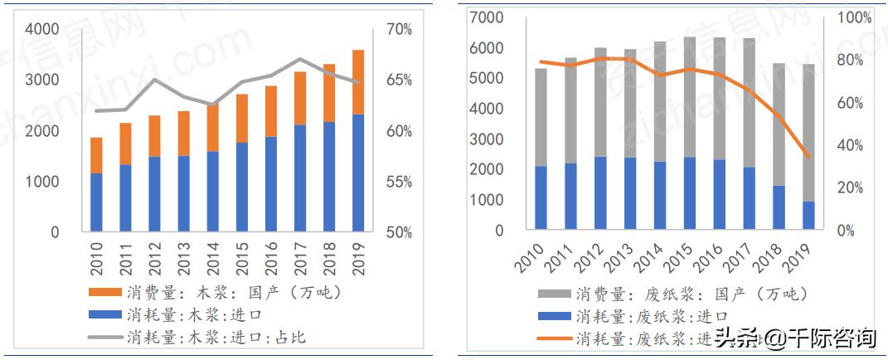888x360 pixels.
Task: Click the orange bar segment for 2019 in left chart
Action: (358, 81)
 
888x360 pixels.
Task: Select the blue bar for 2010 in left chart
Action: (96, 202)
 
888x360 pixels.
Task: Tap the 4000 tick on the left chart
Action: (43, 29)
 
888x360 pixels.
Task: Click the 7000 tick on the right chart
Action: (487, 17)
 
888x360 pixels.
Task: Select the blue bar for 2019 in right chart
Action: (808, 214)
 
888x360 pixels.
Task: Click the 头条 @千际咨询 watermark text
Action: (795, 338)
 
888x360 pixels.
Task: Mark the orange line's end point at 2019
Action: (808, 156)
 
